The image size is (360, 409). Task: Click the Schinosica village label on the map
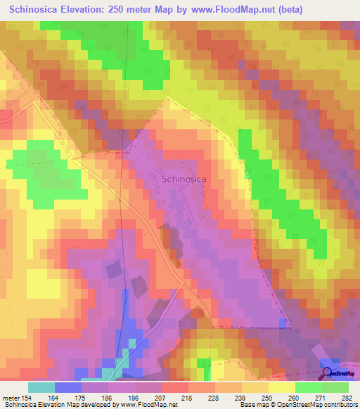[184, 179]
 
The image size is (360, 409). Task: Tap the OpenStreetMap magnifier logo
[328, 373]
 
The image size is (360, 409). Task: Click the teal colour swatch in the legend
[41, 387]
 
